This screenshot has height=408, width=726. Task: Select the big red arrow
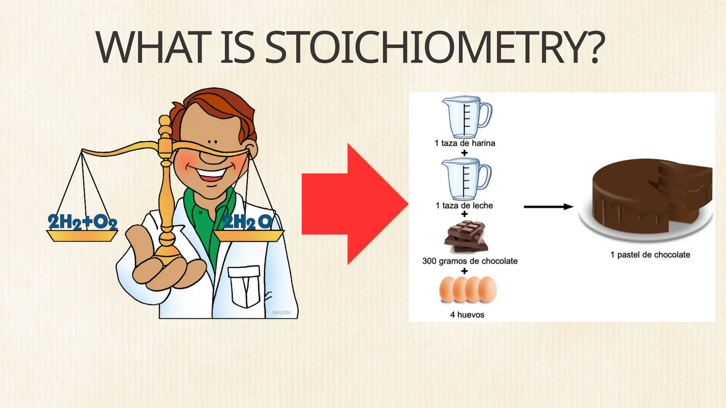coord(354,204)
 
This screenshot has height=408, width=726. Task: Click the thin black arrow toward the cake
coord(548,207)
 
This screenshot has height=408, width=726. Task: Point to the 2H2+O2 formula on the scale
coord(83,222)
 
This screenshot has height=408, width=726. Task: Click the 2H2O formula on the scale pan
coord(248,222)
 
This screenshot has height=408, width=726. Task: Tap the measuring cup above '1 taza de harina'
coord(466,117)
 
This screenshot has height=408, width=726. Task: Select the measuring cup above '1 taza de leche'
coord(466,179)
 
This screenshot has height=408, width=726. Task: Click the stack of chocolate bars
coord(466,237)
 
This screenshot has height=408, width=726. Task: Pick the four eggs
coord(468,290)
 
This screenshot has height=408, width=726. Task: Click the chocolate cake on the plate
coord(649,198)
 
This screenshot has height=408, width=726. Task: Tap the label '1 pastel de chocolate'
coord(650,255)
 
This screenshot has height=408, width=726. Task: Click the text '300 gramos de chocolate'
coord(470,261)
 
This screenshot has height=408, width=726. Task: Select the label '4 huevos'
coord(467,314)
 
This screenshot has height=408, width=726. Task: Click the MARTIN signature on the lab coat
coord(281,313)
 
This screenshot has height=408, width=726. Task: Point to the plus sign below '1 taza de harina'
coord(464,153)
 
